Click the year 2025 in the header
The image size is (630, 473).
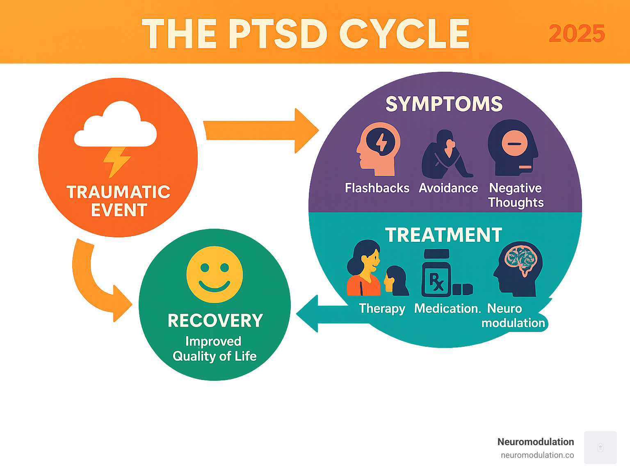tap(577, 34)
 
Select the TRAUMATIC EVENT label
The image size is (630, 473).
tap(118, 201)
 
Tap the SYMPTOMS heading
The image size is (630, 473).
tap(444, 104)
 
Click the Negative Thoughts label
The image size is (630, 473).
tap(516, 195)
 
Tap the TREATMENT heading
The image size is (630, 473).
tap(443, 235)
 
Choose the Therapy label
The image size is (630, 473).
tap(381, 308)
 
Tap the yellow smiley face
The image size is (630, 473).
tap(215, 274)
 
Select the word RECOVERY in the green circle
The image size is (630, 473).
tap(215, 321)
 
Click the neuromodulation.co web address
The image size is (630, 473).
tap(537, 455)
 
